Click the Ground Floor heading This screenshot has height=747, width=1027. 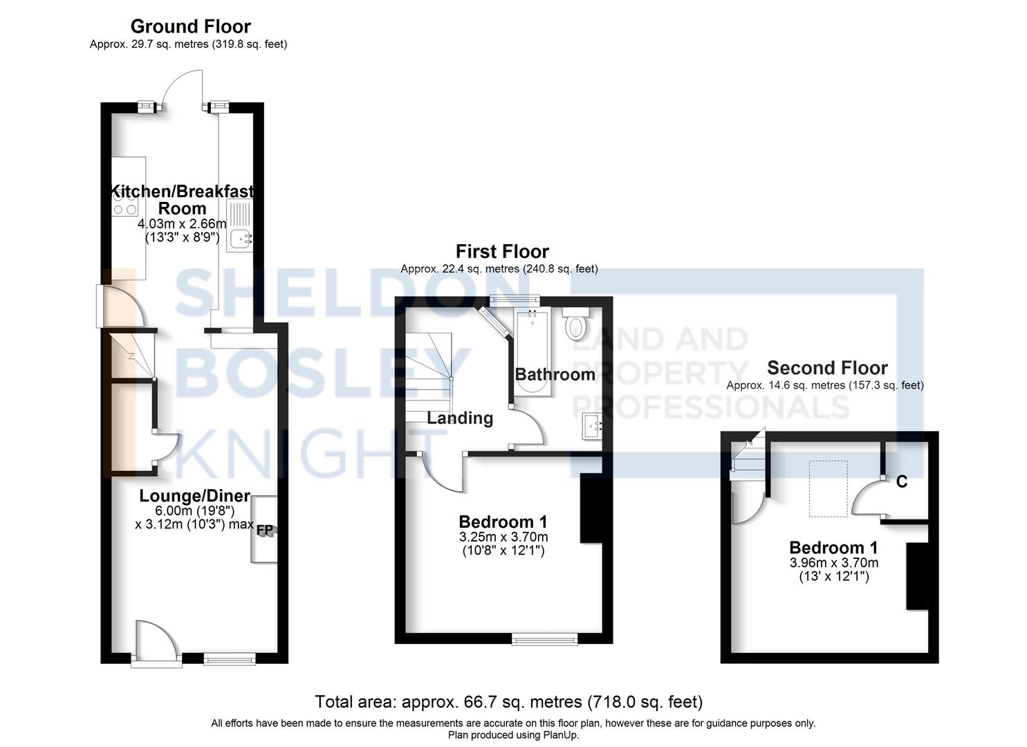point(190,26)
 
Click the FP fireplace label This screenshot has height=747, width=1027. point(266,531)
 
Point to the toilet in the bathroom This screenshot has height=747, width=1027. point(576,326)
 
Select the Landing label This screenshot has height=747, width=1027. point(460,418)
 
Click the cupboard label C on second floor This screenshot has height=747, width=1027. point(901,482)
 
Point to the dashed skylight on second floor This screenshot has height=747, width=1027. point(829,489)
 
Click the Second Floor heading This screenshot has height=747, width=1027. point(827,368)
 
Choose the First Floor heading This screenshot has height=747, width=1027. point(502,251)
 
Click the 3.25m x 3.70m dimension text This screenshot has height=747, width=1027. point(503,537)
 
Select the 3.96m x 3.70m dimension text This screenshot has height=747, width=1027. point(834,562)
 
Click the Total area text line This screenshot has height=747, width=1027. point(508,702)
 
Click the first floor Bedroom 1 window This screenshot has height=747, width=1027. point(544,640)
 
